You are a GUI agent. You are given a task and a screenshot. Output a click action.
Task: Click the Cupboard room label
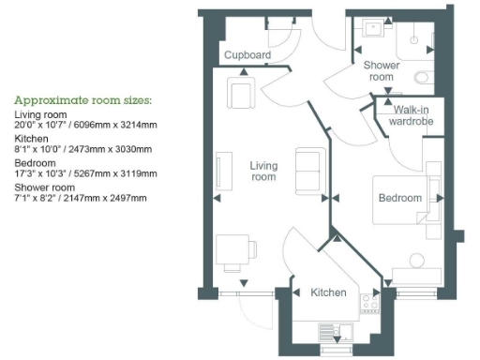(248, 55)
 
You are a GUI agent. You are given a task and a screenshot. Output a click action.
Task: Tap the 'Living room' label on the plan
(263, 171)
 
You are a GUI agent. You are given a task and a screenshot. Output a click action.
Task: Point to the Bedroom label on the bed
(400, 199)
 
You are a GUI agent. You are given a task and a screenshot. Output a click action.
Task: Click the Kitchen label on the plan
(328, 292)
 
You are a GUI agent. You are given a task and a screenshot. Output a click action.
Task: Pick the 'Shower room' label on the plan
(382, 71)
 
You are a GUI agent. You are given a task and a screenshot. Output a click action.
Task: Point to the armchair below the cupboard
(240, 93)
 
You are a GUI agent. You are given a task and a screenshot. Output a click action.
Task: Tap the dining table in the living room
(232, 251)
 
